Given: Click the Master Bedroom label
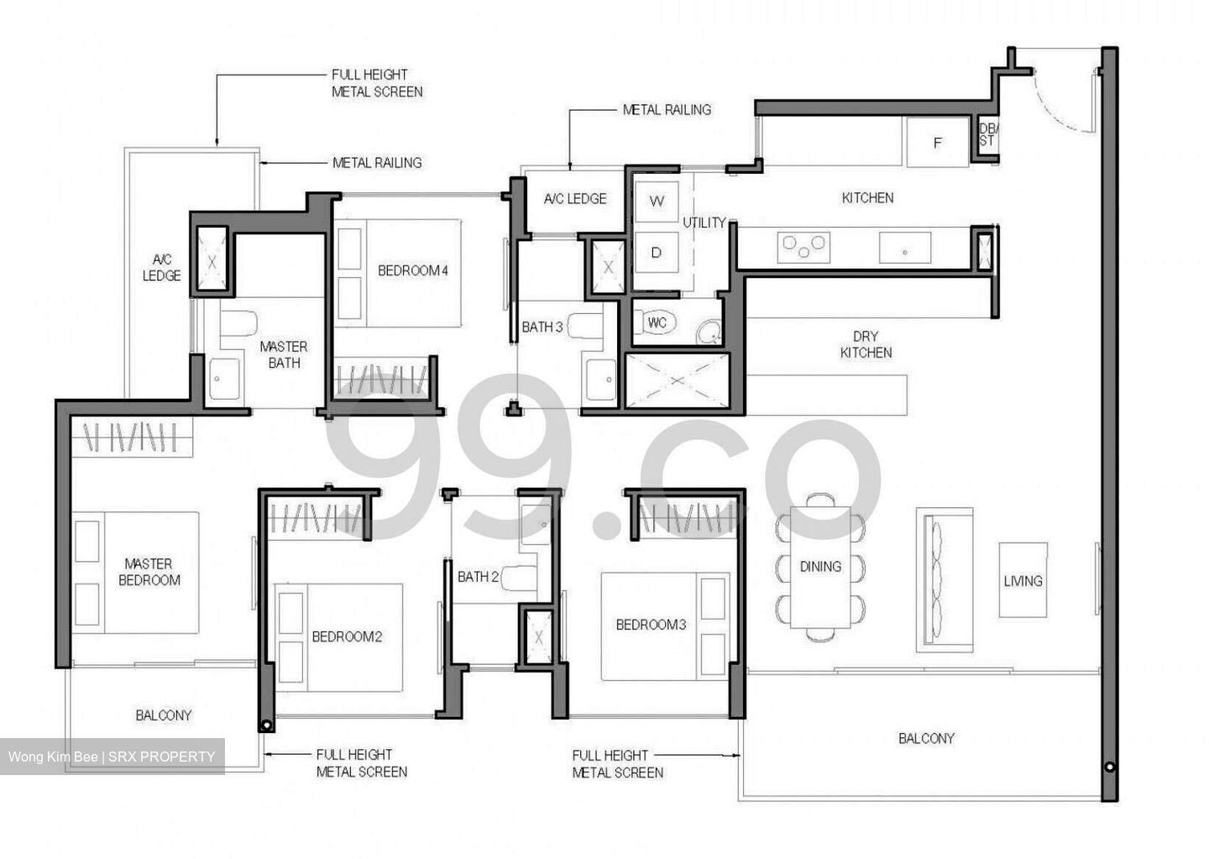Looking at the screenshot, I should tap(149, 572).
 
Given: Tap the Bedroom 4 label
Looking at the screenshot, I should tap(412, 270).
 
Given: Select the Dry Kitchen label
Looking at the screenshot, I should tap(866, 344).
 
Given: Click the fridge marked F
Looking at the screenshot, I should tap(937, 143).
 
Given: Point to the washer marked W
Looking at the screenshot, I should tap(657, 201).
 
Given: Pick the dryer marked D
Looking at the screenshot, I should tap(657, 252).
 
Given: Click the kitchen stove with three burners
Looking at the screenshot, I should tap(803, 246).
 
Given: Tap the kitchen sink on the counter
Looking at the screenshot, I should tap(904, 249).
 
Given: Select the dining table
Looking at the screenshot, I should tap(820, 567).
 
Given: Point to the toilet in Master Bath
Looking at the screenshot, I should tap(239, 327).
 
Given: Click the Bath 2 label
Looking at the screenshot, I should tap(478, 577).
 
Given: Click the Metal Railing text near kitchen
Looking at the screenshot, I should tap(667, 109).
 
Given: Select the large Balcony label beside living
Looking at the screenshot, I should tap(926, 738).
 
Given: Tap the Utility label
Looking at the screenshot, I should tap(704, 223).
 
